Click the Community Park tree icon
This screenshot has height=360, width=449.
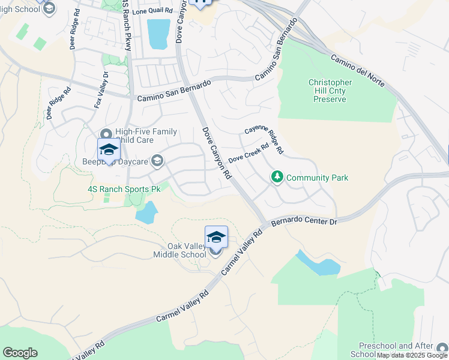coord(277,177)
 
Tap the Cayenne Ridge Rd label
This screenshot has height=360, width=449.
coord(263,139)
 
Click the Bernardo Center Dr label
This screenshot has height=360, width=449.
coord(306,221)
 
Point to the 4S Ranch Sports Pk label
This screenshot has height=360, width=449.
coord(125,189)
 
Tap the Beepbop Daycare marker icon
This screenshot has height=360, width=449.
coord(157,160)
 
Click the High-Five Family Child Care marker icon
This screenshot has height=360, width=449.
coord(106,134)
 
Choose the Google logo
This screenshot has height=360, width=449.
coord(20,353)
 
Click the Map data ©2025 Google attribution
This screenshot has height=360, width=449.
coord(412,355)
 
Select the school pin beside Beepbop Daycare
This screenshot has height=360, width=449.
coord(109,150)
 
